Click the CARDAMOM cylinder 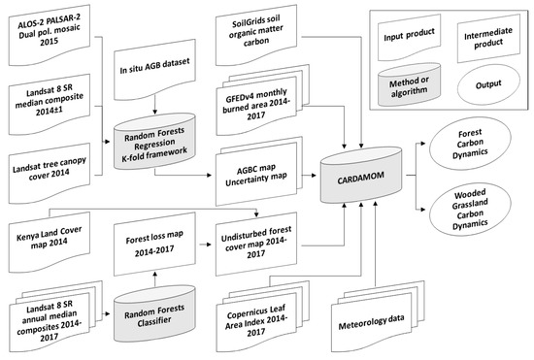click(x=360, y=176)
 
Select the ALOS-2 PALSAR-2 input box click(x=50, y=34)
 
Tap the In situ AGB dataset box click(x=154, y=69)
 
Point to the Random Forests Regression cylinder click(x=154, y=142)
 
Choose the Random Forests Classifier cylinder click(x=154, y=313)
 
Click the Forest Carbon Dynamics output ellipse click(x=470, y=143)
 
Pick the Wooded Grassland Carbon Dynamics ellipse click(x=470, y=209)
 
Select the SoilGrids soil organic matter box click(x=256, y=34)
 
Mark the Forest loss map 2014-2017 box click(x=154, y=244)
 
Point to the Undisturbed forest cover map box click(x=256, y=244)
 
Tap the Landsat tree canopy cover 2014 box click(x=50, y=173)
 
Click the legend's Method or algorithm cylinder click(x=409, y=85)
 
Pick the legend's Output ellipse click(x=488, y=83)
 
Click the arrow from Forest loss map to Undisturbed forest click(x=205, y=245)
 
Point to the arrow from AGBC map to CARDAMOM click(x=310, y=176)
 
